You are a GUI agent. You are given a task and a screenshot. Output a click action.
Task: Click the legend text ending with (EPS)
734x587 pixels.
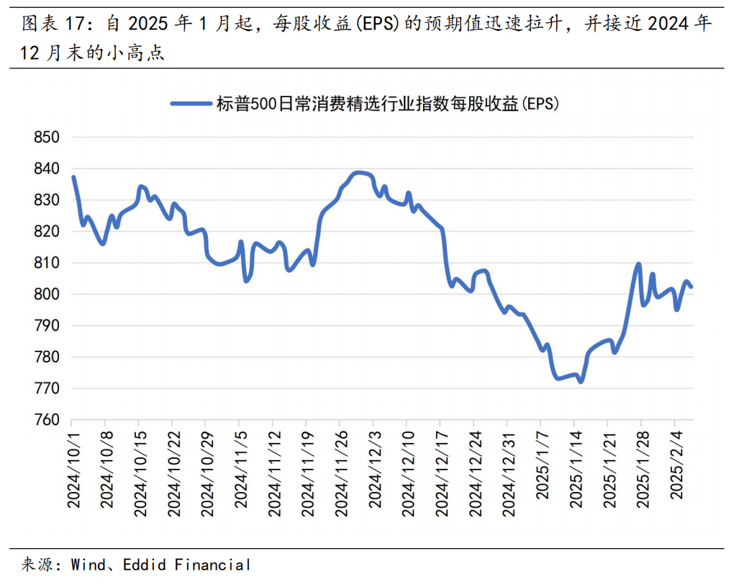coord(388,104)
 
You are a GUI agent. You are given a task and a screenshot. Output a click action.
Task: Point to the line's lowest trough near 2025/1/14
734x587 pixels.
coord(581,382)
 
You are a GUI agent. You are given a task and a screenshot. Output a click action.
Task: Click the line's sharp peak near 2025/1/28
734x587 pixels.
coord(638,264)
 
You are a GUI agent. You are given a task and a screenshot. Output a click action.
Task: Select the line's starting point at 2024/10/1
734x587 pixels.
coord(73,177)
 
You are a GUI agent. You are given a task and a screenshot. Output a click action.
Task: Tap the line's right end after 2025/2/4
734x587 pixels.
coord(691,287)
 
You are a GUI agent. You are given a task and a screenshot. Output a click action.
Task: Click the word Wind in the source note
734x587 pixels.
coord(87,565)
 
